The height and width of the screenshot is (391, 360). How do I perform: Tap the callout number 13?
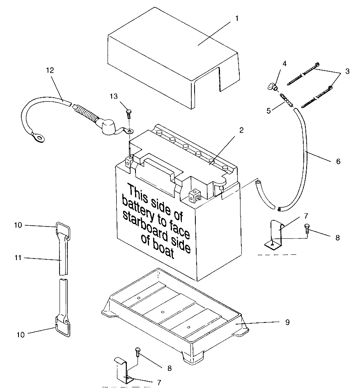114,96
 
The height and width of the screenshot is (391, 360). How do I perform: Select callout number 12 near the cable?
50,70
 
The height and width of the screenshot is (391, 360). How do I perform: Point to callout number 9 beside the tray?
287,322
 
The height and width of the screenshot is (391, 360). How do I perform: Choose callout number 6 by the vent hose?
338,161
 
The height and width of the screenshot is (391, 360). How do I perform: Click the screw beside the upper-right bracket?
307,229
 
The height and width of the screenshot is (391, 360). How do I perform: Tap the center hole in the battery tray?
163,312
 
